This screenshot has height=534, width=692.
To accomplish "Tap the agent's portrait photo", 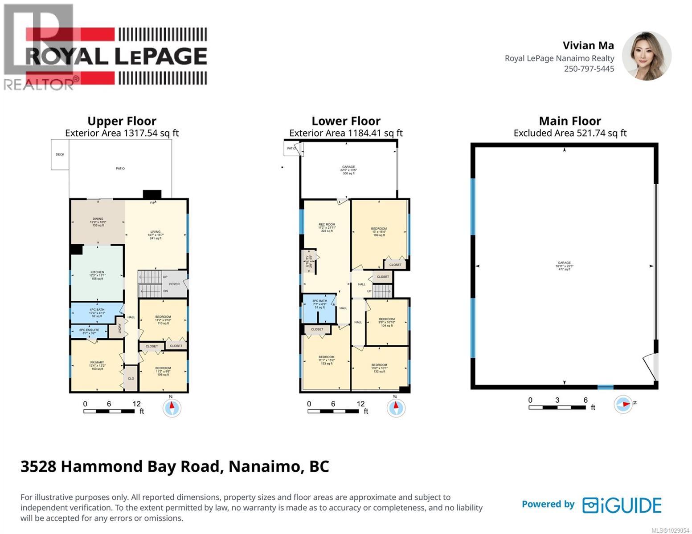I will point(647,56).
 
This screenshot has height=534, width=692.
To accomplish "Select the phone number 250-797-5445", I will point(589,69).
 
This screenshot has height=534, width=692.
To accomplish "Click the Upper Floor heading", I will point(122,121).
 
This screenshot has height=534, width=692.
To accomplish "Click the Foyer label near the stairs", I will point(174,284).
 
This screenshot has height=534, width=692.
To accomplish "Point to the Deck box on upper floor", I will point(60,154).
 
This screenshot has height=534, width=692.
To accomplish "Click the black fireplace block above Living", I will point(152,194).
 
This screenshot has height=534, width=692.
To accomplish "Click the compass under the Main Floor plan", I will point(623,404).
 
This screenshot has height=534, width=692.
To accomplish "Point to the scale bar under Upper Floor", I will point(109,411).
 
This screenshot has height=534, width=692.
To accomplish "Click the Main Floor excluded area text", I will point(570,133).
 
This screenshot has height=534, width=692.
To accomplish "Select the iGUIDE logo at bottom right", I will point(622,505).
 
